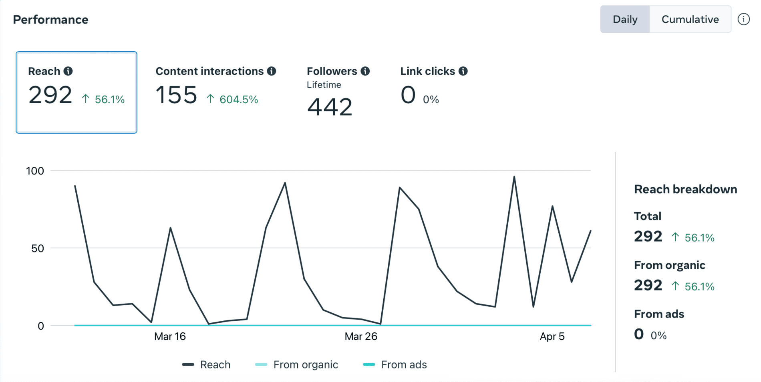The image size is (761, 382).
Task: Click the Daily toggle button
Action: [625, 19]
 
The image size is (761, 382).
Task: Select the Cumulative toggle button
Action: [690, 19]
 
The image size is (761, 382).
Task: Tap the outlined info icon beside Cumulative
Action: [743, 19]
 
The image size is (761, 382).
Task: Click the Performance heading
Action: [50, 20]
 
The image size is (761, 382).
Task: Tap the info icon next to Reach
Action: [68, 71]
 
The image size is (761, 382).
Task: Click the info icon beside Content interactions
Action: [272, 71]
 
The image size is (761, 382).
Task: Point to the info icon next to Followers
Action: [365, 71]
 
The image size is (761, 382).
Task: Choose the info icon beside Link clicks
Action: [463, 71]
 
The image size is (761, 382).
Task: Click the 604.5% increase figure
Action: [238, 99]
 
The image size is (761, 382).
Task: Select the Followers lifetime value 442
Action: [330, 107]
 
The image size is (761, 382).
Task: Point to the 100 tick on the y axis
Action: [35, 171]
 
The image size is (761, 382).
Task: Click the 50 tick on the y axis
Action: [38, 248]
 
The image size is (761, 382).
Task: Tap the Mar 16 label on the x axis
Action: [170, 336]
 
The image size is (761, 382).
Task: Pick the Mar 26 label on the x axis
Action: [361, 336]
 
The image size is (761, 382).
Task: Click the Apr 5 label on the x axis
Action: [552, 336]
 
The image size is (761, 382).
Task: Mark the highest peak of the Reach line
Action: [514, 177]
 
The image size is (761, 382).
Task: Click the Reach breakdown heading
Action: [685, 189]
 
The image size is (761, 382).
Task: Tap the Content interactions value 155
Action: [176, 95]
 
